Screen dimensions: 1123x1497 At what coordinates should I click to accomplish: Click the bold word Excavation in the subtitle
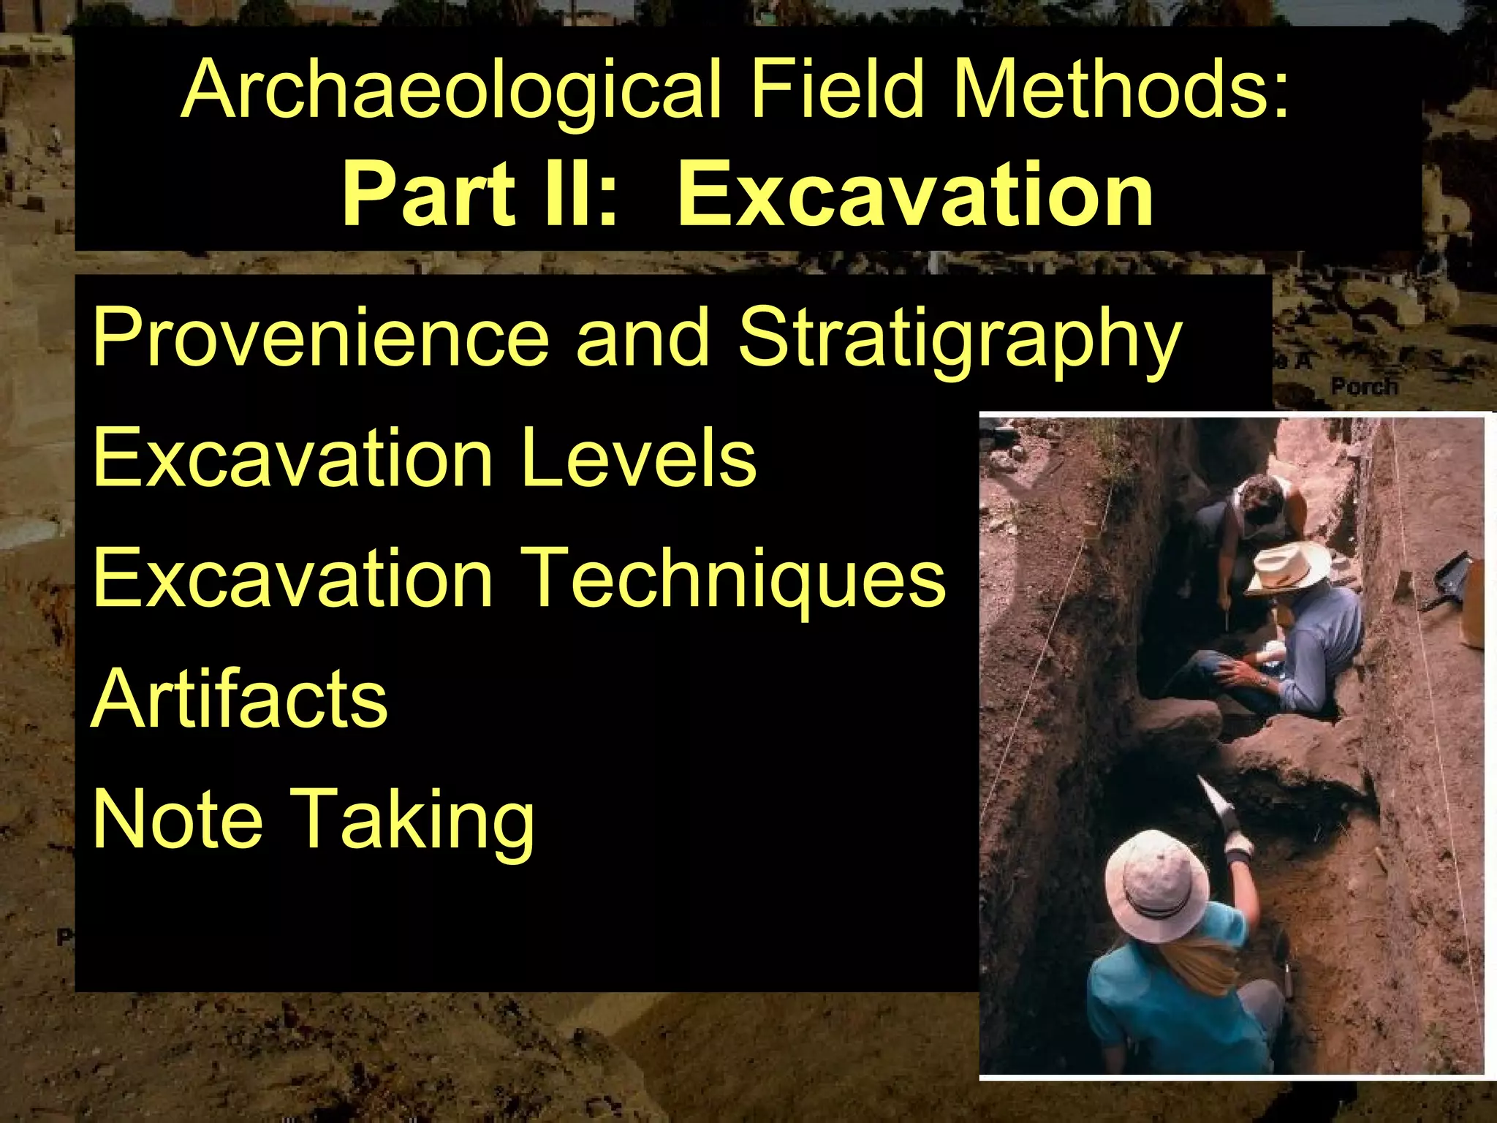pos(915,194)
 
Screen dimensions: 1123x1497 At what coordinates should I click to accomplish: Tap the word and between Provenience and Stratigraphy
pos(643,337)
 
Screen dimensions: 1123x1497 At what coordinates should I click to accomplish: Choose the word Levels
pos(640,458)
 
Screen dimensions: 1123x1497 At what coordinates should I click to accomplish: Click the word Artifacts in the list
pos(239,699)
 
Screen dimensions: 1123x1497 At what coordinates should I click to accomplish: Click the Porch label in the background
pos(1363,386)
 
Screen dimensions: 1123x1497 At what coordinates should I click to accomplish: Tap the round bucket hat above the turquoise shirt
pos(1156,884)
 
